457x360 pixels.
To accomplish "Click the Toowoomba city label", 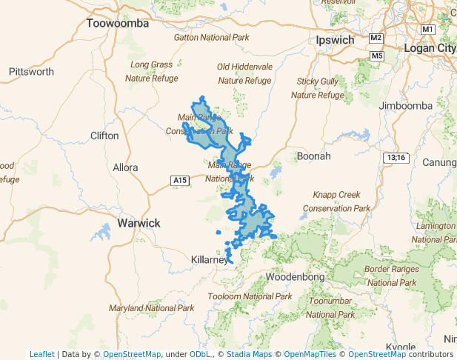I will tap(118, 24).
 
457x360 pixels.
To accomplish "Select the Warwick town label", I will tap(139, 223).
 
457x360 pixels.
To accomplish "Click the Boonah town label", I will tap(313, 156).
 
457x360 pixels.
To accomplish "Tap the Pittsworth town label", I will tap(31, 72).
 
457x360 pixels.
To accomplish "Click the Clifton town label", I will tap(104, 136).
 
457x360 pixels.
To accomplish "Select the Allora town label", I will tap(125, 167).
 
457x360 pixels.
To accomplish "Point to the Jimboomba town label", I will tap(405, 106).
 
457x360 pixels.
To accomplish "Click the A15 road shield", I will tap(179, 180).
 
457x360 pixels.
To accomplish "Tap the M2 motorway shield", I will tap(376, 38).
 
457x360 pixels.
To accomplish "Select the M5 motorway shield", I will tap(378, 56).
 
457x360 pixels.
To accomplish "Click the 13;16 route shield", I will tap(396, 158).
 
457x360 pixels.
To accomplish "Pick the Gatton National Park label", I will tap(211, 37).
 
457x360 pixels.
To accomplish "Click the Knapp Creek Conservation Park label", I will tap(341, 201).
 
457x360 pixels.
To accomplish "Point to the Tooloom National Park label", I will tap(250, 296).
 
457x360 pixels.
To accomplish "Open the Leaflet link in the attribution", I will tap(42, 354).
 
